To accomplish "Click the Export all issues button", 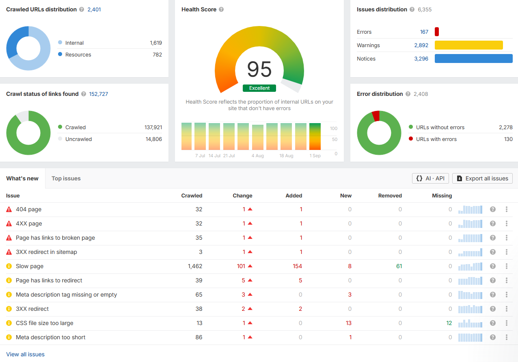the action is pos(482,178).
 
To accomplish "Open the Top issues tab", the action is pos(66,178).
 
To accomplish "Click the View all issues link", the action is pos(25,354).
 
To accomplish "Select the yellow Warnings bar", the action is pos(469,45).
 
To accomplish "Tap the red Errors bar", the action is pos(436,32).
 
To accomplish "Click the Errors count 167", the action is pos(424,32).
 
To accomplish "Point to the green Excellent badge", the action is pos(259,88).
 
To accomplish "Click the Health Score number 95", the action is pos(259,69).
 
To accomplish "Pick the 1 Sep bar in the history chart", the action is pos(315,137).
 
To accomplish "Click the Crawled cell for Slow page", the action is pos(195,266).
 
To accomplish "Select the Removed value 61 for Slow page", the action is pos(399,266).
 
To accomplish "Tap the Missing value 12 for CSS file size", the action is pos(449,323).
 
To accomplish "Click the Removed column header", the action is pos(390,195).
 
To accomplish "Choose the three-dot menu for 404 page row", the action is pos(507,209).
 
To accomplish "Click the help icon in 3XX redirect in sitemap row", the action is pos(492,252).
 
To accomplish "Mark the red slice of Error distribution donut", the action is pos(376,116).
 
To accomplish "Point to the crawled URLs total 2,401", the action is pos(94,9).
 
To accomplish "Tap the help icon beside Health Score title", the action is pos(221,9).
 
